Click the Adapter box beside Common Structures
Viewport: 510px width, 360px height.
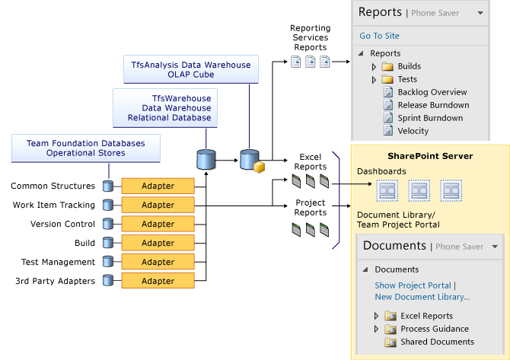pyautogui.click(x=158, y=186)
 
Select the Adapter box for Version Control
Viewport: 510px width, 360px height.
pyautogui.click(x=158, y=224)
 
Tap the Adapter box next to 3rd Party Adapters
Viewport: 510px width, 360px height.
pyautogui.click(x=158, y=281)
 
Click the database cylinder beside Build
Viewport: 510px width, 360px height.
pyautogui.click(x=108, y=243)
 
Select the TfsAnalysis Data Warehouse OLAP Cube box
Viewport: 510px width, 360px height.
pyautogui.click(x=190, y=70)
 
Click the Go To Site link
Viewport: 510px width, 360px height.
pyautogui.click(x=379, y=36)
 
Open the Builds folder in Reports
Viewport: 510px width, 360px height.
pyautogui.click(x=409, y=66)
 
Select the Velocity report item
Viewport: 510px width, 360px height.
pyautogui.click(x=413, y=131)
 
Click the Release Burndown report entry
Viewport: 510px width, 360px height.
pyautogui.click(x=432, y=105)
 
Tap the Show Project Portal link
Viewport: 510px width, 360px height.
pyautogui.click(x=413, y=285)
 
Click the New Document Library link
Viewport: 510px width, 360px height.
pyautogui.click(x=422, y=297)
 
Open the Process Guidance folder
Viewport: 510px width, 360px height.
pyautogui.click(x=434, y=329)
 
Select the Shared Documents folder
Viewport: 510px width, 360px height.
pyautogui.click(x=437, y=342)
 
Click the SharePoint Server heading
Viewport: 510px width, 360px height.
pyautogui.click(x=430, y=156)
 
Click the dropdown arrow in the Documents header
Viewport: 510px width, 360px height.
pyautogui.click(x=496, y=247)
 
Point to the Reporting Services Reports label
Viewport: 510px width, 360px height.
pyautogui.click(x=310, y=37)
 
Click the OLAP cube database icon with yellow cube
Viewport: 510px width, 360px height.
pyautogui.click(x=251, y=161)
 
